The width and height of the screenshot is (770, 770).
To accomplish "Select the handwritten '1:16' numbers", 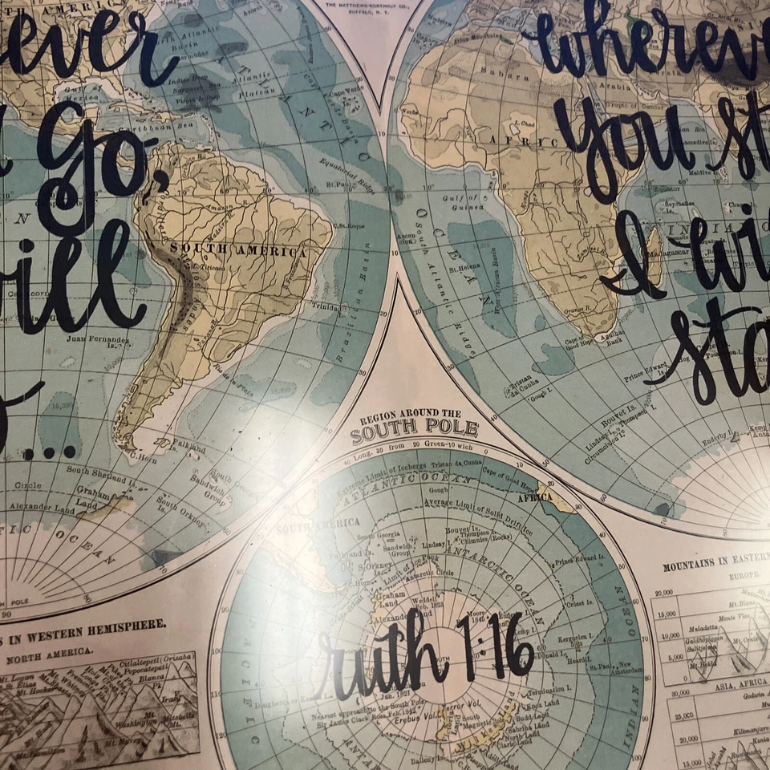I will click(496, 648).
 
